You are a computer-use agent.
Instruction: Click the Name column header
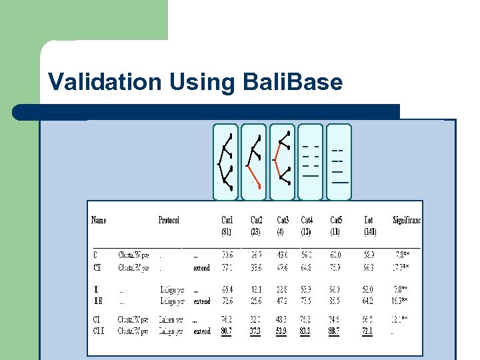[99, 220]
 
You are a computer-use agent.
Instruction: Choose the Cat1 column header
[227, 220]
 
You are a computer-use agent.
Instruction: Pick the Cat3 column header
[283, 220]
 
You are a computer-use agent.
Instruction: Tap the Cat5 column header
[337, 220]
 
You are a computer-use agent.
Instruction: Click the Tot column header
[369, 220]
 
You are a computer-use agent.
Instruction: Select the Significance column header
[407, 220]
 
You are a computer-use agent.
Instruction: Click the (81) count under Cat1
[227, 232]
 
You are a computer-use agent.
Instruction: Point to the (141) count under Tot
[371, 232]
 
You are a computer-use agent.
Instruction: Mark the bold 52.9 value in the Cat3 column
[283, 331]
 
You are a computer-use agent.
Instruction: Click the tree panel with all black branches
[225, 162]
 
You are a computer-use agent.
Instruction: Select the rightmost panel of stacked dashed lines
[339, 162]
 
